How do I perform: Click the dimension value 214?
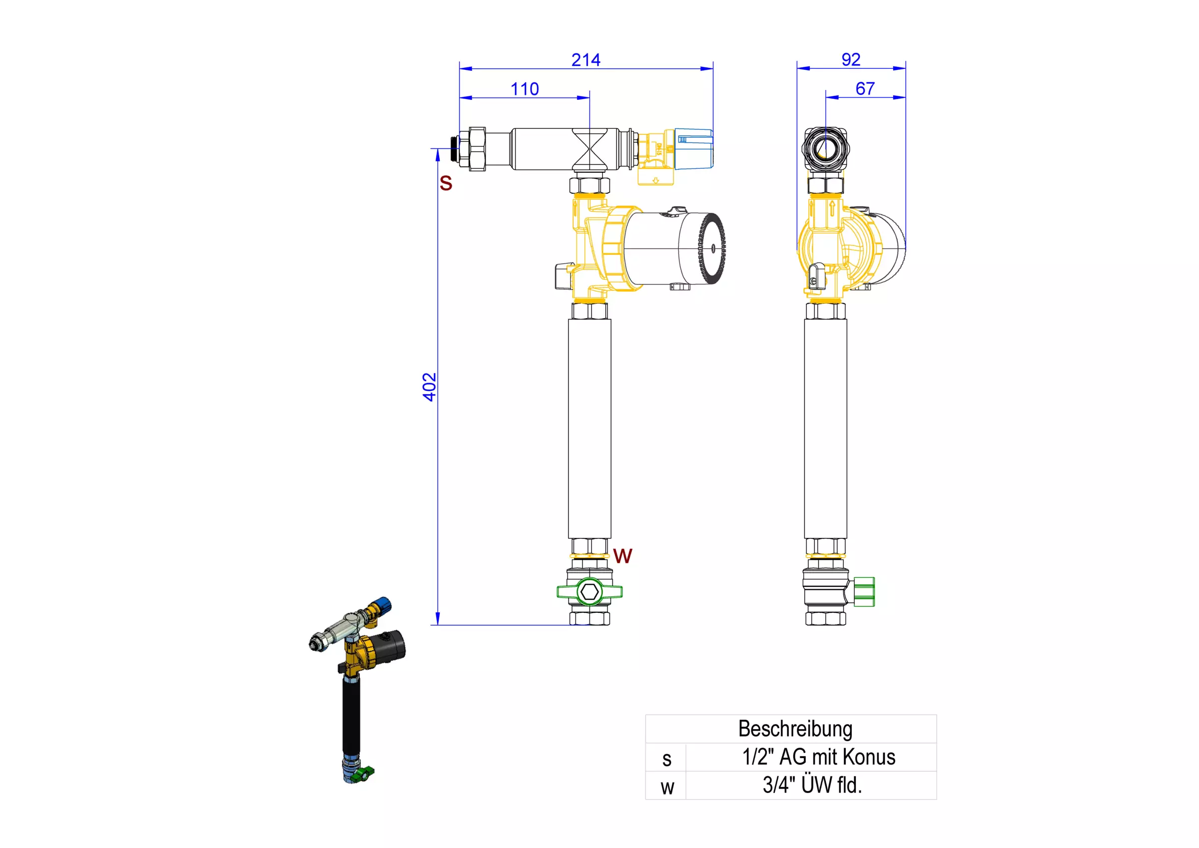(x=586, y=60)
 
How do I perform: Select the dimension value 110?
(x=525, y=89)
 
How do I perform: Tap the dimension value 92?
(x=851, y=59)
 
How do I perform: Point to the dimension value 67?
(x=865, y=89)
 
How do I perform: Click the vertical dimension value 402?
(x=429, y=387)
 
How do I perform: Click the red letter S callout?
(x=446, y=183)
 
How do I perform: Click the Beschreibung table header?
(x=795, y=729)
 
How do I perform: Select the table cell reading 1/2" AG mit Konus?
(x=819, y=757)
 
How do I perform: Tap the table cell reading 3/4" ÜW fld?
(x=812, y=785)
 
